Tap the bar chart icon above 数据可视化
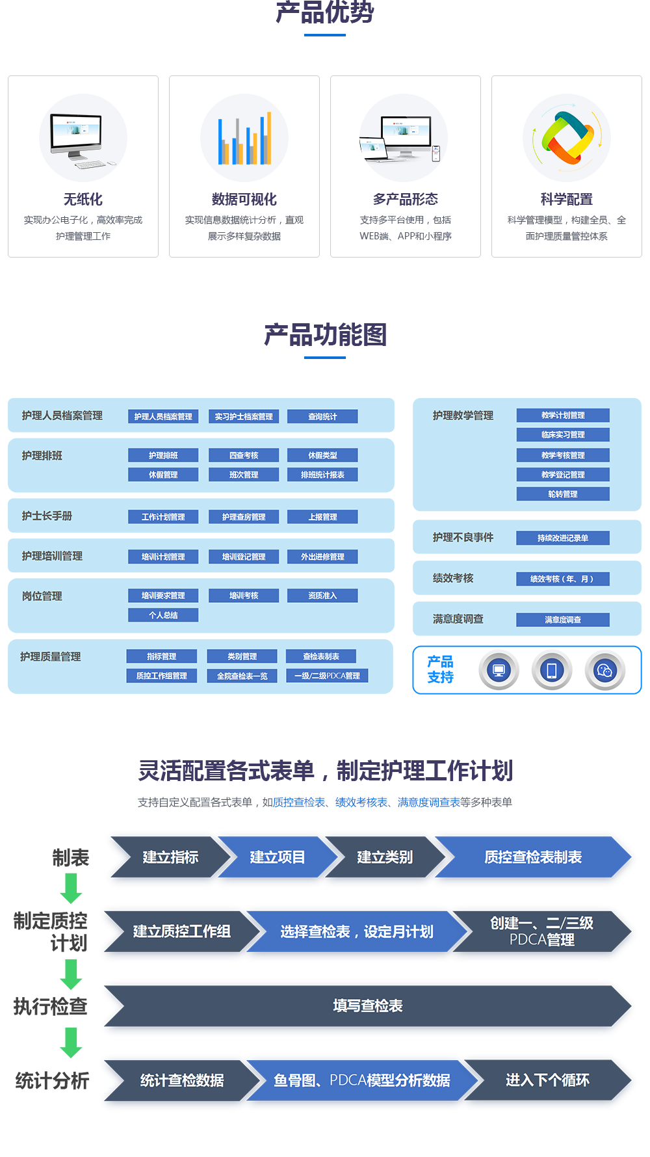(244, 139)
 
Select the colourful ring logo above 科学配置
(567, 138)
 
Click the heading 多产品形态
(406, 199)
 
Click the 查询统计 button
(322, 416)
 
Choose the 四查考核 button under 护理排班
(244, 455)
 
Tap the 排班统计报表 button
(322, 475)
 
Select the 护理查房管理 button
(244, 517)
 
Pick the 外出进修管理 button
(322, 557)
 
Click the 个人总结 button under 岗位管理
(163, 615)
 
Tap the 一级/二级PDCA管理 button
(327, 676)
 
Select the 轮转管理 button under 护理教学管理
(563, 494)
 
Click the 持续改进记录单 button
(563, 538)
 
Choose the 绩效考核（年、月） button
(563, 579)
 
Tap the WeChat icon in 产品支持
(604, 671)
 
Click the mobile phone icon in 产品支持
(552, 671)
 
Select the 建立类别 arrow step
(385, 857)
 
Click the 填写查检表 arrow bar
(367, 1006)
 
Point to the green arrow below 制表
(71, 888)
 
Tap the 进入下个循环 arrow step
(547, 1080)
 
